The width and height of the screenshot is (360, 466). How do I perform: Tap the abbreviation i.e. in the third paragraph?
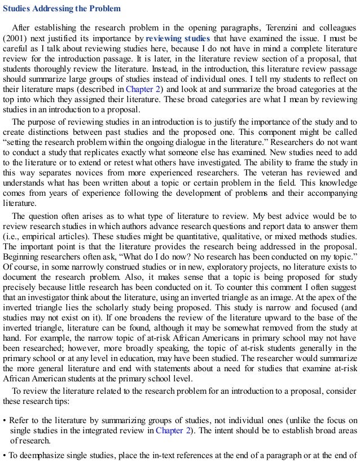12,236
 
